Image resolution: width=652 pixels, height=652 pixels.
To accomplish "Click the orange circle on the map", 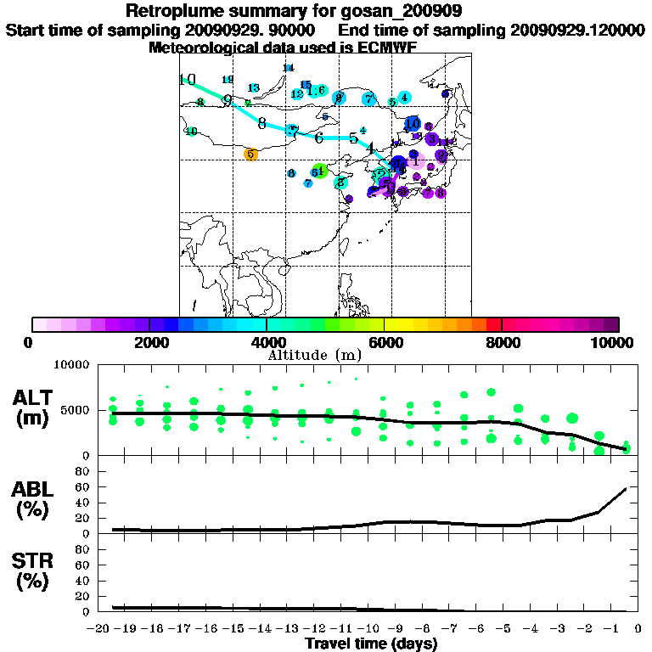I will tap(250, 155).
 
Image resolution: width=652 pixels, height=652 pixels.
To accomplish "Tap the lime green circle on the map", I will tap(319, 171).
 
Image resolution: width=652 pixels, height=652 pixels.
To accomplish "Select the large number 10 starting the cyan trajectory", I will tap(188, 80).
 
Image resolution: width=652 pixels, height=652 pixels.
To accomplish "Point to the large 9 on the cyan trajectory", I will tap(227, 99).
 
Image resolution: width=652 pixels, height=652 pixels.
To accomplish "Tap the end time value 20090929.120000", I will tap(577, 29).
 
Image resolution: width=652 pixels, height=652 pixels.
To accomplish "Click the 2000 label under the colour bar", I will tap(148, 342).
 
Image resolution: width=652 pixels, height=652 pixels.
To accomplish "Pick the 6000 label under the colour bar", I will tap(385, 342).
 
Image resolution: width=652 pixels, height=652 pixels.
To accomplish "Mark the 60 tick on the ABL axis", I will tap(84, 486).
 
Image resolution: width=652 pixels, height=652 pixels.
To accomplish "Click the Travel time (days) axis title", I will tap(371, 644).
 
